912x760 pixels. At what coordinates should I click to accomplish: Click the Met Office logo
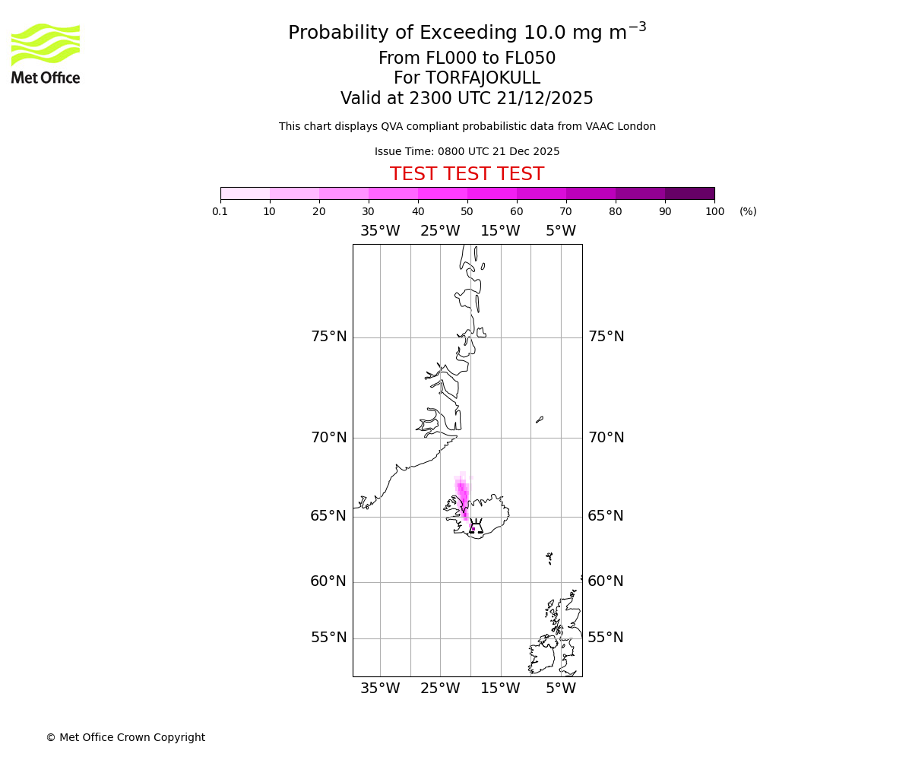[46, 53]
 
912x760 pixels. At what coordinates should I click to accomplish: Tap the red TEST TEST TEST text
[467, 174]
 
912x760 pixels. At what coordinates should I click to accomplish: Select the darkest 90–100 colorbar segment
[689, 193]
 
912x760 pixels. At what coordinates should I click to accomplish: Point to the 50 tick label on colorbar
[467, 211]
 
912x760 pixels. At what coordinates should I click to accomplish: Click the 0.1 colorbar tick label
[220, 211]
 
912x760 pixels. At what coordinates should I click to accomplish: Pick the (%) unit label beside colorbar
[748, 211]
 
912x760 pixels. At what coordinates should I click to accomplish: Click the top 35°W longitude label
[380, 231]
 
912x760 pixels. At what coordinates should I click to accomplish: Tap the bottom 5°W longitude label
[561, 689]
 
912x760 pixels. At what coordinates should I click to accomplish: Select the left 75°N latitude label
[328, 337]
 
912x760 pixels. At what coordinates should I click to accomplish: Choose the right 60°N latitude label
[606, 581]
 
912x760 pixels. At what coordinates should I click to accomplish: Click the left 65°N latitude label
[328, 516]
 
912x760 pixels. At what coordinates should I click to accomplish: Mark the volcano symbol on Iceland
[475, 527]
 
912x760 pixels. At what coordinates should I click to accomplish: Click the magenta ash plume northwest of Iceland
[462, 494]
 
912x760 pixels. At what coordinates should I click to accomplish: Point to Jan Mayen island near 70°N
[540, 419]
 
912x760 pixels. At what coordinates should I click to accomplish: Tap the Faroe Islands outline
[549, 558]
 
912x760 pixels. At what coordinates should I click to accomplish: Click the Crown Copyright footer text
[125, 737]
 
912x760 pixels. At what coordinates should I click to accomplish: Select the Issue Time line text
[467, 151]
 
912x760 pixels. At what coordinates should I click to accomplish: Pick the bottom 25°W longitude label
[440, 689]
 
